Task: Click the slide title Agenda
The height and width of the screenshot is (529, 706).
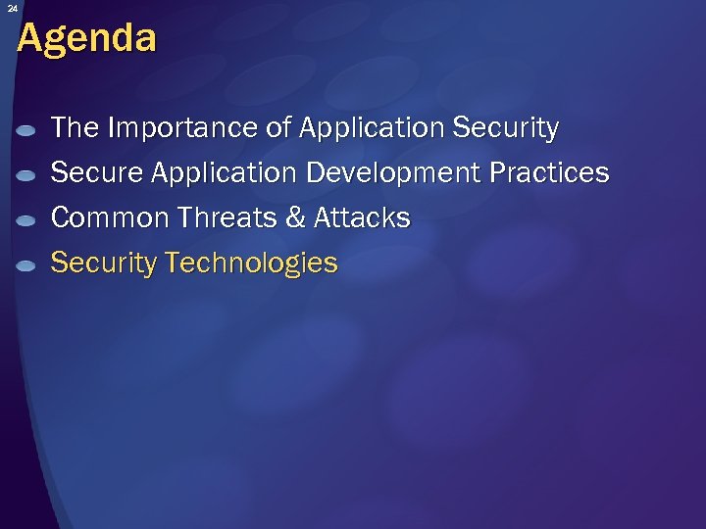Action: pos(86,38)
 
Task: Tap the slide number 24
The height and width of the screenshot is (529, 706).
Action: pos(12,8)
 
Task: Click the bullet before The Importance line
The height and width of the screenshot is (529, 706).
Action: pos(27,129)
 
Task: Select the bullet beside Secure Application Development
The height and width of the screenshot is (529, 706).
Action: pos(27,174)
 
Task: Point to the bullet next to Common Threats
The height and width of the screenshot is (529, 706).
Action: pos(27,219)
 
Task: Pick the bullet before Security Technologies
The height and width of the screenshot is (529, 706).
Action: pos(27,264)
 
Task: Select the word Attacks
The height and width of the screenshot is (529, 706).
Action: pos(362,217)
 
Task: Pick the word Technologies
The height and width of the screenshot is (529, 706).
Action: pos(252,264)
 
